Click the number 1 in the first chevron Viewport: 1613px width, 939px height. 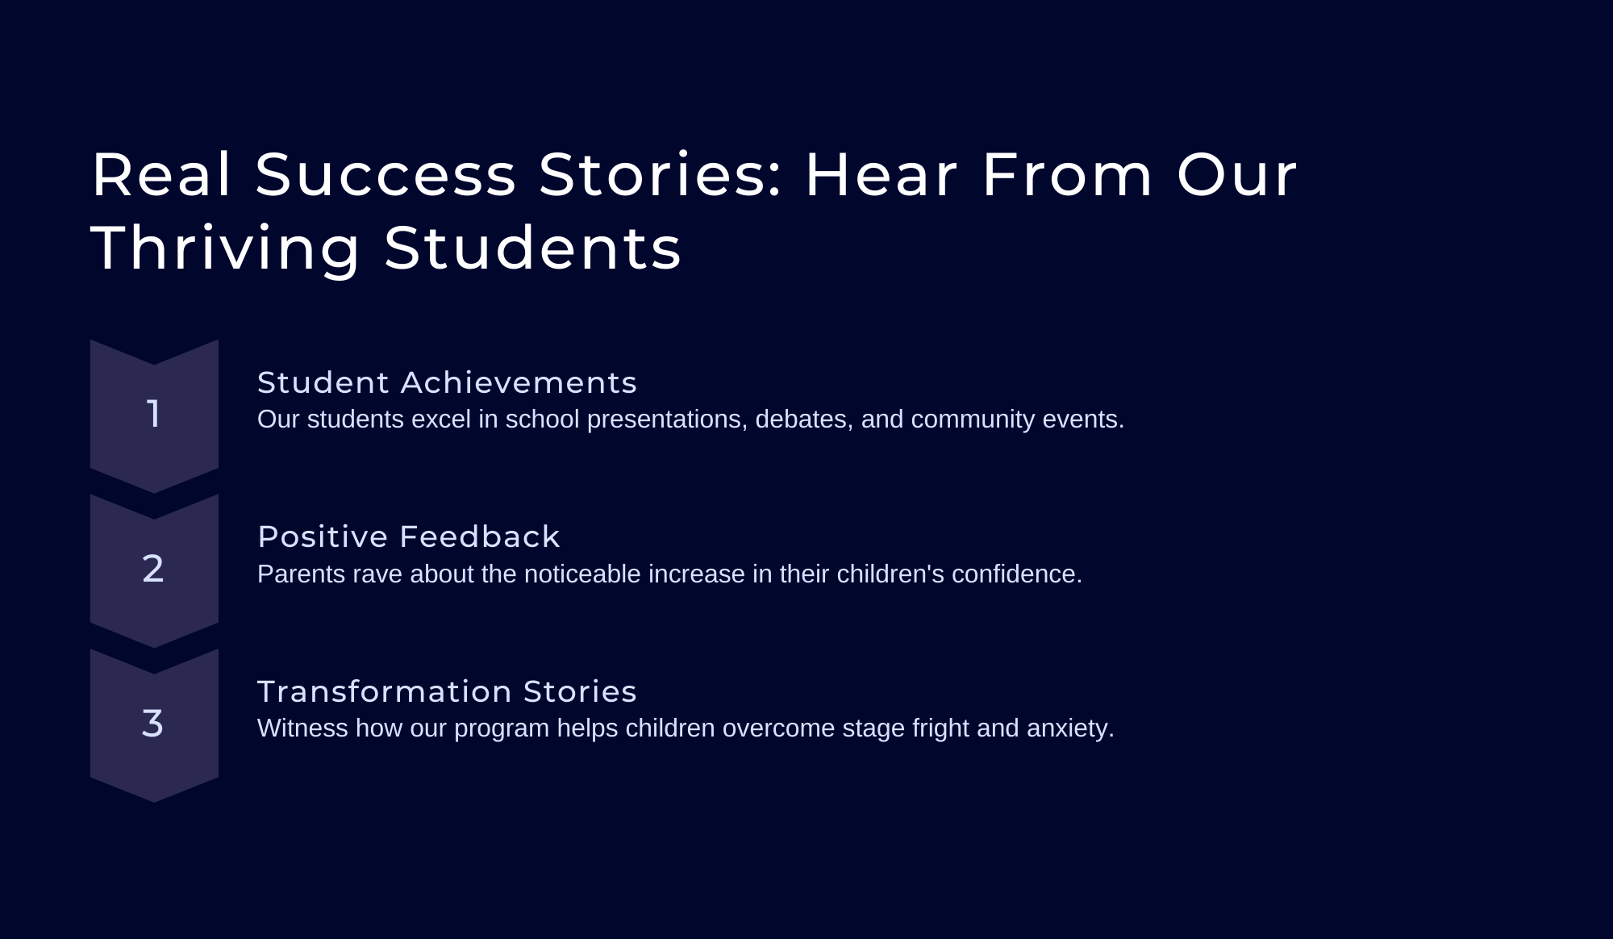[x=153, y=414]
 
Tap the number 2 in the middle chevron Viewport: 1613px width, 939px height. [x=153, y=569]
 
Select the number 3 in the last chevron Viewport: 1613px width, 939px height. [x=152, y=724]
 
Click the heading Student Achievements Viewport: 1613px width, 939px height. [x=447, y=382]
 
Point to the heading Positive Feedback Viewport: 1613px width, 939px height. [x=409, y=536]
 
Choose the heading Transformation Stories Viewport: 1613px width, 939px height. [x=447, y=691]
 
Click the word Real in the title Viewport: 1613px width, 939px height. [x=162, y=174]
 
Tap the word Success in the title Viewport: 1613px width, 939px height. [x=386, y=174]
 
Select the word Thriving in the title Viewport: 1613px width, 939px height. [x=226, y=248]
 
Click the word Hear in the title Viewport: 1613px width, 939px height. [x=882, y=174]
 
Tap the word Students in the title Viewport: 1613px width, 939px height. [x=532, y=248]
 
